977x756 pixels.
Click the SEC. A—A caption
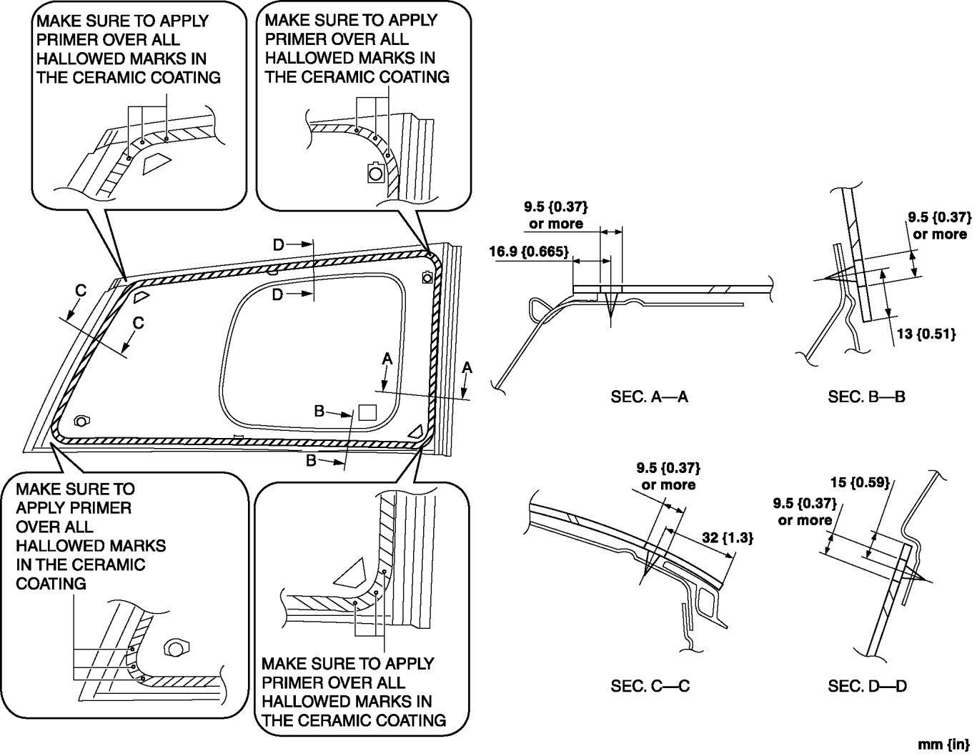tap(649, 397)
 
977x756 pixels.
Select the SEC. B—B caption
tap(866, 397)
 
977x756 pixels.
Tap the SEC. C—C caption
tap(650, 687)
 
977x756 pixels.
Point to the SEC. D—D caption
tap(867, 687)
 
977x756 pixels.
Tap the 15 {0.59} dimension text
tap(860, 482)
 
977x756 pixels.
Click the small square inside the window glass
tap(367, 412)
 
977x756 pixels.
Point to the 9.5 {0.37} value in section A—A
tap(555, 207)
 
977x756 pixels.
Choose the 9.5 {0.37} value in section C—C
tap(668, 468)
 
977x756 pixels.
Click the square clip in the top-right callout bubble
tap(375, 172)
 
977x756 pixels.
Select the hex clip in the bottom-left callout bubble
tap(174, 647)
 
